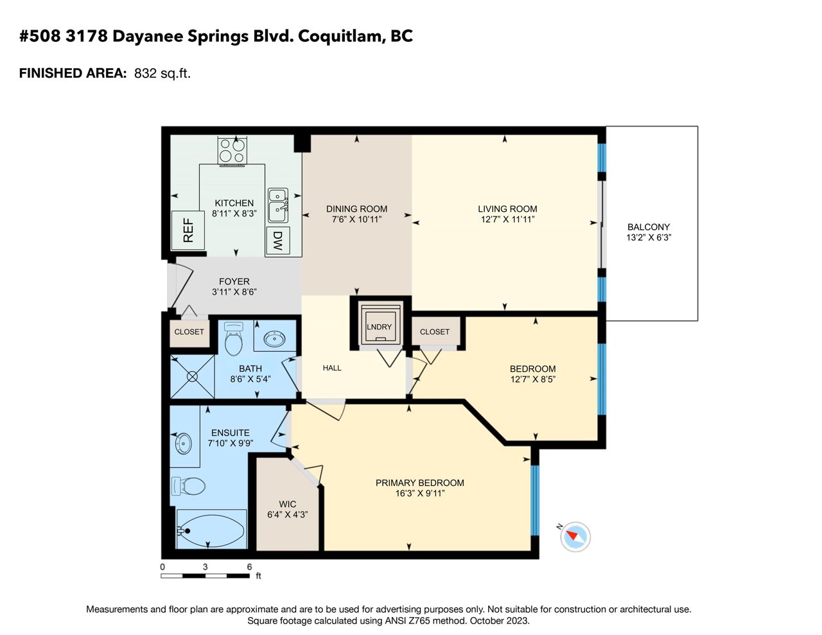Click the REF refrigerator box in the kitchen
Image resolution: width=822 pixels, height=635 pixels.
(188, 230)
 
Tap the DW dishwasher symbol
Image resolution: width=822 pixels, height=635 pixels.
(277, 241)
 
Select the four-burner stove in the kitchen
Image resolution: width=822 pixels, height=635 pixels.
(232, 150)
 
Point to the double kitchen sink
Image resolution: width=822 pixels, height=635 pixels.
(278, 205)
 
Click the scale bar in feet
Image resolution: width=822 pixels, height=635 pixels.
(205, 576)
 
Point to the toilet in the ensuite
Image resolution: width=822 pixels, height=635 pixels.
(188, 486)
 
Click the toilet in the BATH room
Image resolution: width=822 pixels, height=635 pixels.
(233, 338)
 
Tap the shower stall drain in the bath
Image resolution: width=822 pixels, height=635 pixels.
(192, 377)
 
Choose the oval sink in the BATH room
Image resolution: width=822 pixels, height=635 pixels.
(275, 339)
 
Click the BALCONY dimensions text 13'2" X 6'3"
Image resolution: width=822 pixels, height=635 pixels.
(649, 238)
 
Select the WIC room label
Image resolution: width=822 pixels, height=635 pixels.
(288, 504)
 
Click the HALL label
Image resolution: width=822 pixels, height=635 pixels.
(332, 368)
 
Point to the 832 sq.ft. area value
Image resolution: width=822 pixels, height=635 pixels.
(162, 73)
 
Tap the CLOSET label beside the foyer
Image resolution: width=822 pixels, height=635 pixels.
(189, 332)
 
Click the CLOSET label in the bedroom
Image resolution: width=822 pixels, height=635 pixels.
(435, 332)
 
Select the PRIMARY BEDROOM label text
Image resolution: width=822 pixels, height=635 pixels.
(419, 483)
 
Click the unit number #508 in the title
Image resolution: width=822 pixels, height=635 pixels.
(40, 37)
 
